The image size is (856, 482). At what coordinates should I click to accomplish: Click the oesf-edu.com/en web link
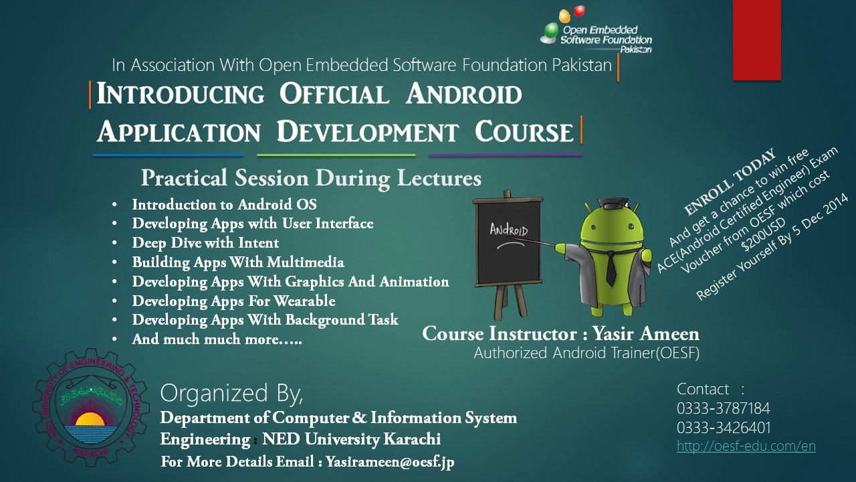click(x=746, y=446)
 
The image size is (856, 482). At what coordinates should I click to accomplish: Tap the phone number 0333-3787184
click(x=723, y=408)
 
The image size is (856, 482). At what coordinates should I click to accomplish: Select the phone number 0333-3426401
click(x=724, y=427)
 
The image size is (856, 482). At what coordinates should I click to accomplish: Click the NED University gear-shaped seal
click(x=90, y=407)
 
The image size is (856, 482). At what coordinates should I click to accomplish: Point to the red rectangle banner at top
click(x=756, y=40)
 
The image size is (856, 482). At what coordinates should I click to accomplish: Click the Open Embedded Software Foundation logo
click(x=596, y=30)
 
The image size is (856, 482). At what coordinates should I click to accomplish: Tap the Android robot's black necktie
click(x=611, y=268)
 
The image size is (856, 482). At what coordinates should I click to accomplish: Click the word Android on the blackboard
click(x=509, y=230)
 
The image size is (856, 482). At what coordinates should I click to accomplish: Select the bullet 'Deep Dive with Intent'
click(x=205, y=243)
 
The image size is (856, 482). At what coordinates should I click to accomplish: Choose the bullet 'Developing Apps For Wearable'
click(x=233, y=301)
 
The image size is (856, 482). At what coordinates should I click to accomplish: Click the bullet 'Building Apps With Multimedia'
click(x=237, y=262)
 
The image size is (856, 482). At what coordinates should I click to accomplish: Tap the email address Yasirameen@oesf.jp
click(x=390, y=462)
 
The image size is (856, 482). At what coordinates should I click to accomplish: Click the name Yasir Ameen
click(x=646, y=333)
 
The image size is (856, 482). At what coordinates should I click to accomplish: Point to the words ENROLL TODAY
click(x=730, y=181)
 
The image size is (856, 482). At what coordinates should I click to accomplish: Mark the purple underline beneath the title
click(x=505, y=155)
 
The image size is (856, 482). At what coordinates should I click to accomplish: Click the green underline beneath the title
click(x=336, y=155)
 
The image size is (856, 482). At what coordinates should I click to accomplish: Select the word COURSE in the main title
click(x=524, y=132)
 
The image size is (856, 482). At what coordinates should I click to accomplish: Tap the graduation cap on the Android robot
click(x=613, y=203)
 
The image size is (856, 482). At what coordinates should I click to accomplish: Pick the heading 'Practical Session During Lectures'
click(x=311, y=178)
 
